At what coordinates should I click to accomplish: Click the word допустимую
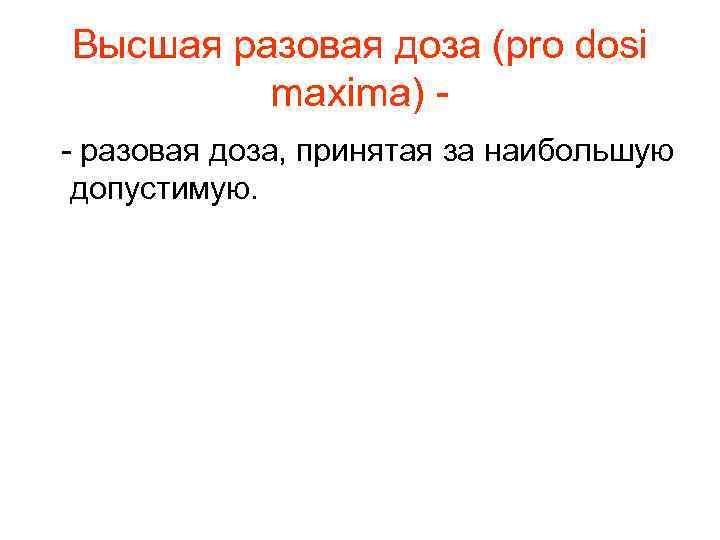pos(160,190)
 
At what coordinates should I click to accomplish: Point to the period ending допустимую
pos(254,196)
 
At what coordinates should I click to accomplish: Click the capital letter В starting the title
pos(85,47)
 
